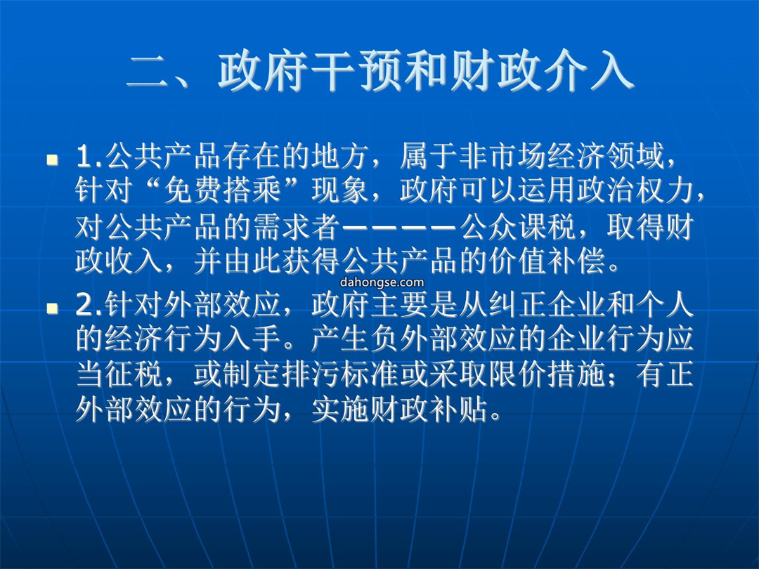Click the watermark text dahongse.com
click(382, 282)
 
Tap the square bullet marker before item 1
click(52, 159)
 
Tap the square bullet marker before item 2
click(52, 308)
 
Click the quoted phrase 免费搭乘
click(222, 190)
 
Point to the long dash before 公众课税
click(399, 226)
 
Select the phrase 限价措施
click(547, 374)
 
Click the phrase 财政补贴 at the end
click(429, 410)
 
